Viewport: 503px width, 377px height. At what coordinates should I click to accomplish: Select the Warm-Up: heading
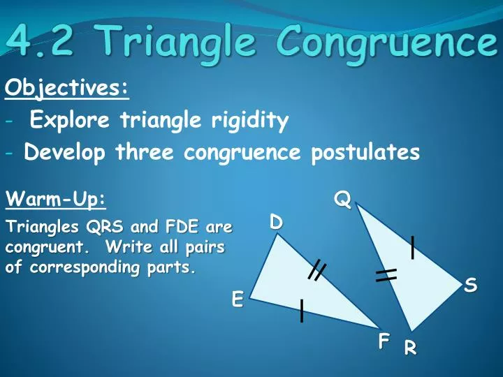pyautogui.click(x=56, y=200)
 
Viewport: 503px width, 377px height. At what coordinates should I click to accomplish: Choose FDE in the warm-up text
pyautogui.click(x=180, y=228)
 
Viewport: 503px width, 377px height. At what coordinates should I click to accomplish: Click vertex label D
pyautogui.click(x=276, y=223)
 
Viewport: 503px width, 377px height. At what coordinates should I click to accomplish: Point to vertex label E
pyautogui.click(x=238, y=300)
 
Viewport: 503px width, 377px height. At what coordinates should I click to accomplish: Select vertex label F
pyautogui.click(x=383, y=341)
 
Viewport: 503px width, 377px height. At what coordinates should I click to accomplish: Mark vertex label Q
pyautogui.click(x=342, y=200)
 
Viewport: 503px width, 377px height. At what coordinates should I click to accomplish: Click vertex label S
pyautogui.click(x=470, y=285)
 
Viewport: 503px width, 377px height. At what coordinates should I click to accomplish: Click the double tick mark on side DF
pyautogui.click(x=316, y=269)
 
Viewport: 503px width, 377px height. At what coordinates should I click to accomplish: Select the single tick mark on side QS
pyautogui.click(x=414, y=247)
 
